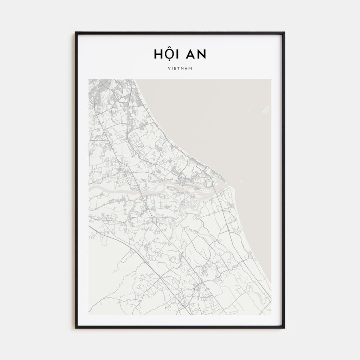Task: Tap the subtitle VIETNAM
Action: [x=180, y=68]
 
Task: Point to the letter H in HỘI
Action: [x=158, y=54]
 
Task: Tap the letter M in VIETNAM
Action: [x=191, y=68]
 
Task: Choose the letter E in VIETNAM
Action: [x=175, y=68]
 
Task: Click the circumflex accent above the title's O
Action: [x=168, y=48]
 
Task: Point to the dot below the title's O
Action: [x=168, y=61]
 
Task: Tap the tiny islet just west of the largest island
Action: [x=248, y=111]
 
